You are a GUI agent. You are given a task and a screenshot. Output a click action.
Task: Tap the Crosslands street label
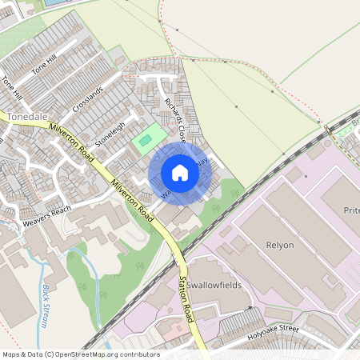(x=88, y=98)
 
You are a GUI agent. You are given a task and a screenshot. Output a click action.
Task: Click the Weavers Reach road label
(x=46, y=215)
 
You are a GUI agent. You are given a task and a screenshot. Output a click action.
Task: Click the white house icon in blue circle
(x=180, y=173)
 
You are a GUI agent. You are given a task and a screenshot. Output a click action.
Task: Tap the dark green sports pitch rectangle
(x=145, y=142)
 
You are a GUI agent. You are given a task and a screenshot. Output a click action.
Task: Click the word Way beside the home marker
(x=203, y=162)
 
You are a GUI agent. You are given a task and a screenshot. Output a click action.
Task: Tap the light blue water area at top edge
(x=54, y=2)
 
